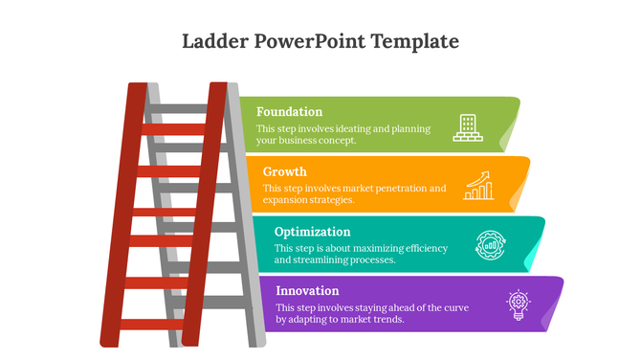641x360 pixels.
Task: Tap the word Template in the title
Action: coord(415,41)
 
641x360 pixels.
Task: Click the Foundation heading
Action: coord(289,111)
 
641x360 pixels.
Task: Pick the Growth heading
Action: coord(284,171)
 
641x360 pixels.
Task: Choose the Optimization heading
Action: coord(312,231)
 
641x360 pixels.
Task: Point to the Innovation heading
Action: coord(306,290)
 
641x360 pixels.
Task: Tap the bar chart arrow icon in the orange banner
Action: coord(478,186)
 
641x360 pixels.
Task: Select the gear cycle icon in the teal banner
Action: coord(491,244)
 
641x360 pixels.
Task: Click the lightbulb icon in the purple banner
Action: coord(518,304)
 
